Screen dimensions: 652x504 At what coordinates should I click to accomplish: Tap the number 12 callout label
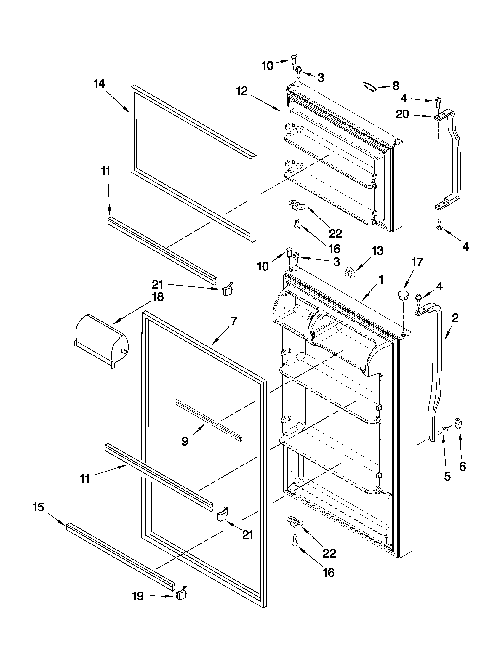coord(242,91)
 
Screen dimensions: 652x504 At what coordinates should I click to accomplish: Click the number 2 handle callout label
coord(455,318)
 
